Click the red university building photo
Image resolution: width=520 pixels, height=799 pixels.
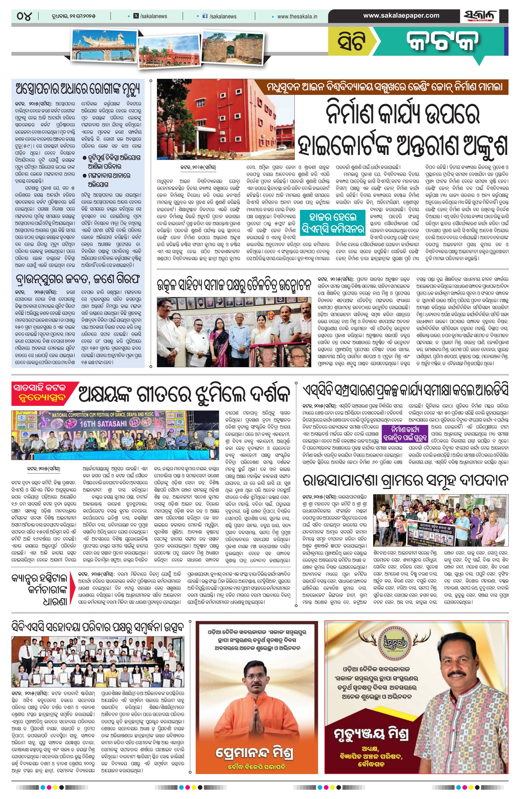[226, 119]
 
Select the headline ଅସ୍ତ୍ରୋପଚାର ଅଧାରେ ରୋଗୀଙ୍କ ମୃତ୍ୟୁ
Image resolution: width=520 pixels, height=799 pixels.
[78, 90]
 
